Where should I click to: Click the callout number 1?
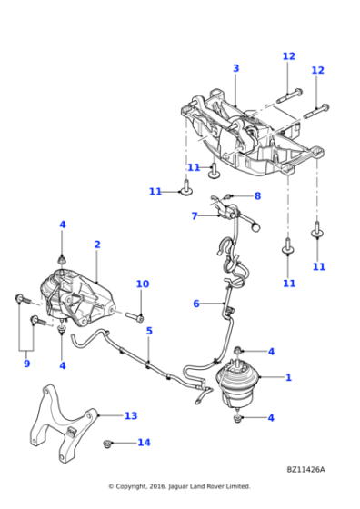(x=288, y=376)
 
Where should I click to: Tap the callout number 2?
(x=96, y=245)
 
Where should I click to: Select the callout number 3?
(x=235, y=68)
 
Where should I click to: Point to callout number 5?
(x=149, y=331)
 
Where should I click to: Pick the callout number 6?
(x=195, y=304)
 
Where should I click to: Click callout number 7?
(x=195, y=216)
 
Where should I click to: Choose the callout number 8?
(x=257, y=195)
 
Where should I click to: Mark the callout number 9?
(x=26, y=364)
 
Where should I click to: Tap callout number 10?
(x=142, y=284)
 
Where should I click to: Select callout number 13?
(x=131, y=415)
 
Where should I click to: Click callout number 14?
(x=143, y=443)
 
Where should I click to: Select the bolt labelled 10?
(x=133, y=317)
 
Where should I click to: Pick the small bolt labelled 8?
(x=227, y=195)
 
